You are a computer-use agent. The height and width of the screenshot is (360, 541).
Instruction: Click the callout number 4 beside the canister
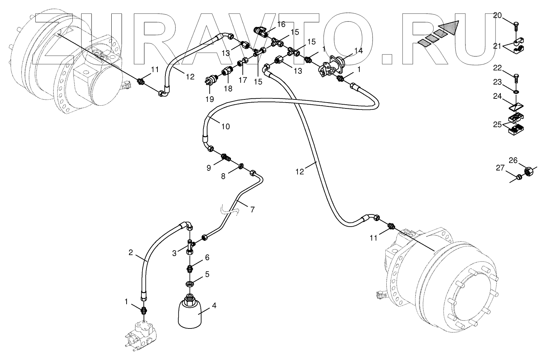click(x=214, y=306)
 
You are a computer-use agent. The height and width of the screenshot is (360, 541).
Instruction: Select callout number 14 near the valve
click(x=358, y=51)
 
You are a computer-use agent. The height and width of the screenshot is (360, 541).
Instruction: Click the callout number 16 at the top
click(x=281, y=24)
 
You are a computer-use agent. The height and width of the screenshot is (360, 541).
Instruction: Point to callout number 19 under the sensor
click(x=209, y=99)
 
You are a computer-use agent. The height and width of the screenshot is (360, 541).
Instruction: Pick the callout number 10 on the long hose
click(x=225, y=126)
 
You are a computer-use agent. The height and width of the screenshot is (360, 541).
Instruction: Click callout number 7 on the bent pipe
click(x=252, y=209)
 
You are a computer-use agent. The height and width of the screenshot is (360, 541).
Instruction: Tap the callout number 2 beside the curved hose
click(x=131, y=253)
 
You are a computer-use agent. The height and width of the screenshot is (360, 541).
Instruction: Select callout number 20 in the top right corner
click(x=497, y=15)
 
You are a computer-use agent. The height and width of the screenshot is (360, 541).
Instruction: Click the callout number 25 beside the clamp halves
click(x=498, y=124)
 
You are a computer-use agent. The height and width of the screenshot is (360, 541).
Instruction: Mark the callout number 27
click(x=500, y=168)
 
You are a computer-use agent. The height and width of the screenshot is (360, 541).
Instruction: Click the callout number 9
click(x=209, y=168)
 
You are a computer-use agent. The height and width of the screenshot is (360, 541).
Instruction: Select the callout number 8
click(x=223, y=176)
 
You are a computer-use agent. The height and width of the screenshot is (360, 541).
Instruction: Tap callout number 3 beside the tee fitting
click(x=174, y=253)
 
